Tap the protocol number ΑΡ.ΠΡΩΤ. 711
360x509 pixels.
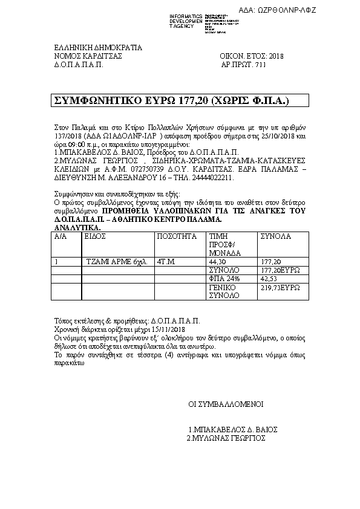coord(243,63)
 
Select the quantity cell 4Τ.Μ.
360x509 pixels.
coord(166,262)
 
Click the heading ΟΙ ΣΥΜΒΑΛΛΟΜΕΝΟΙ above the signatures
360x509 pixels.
coord(224,404)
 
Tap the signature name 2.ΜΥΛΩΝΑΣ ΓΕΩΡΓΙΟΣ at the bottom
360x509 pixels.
coord(226,438)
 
